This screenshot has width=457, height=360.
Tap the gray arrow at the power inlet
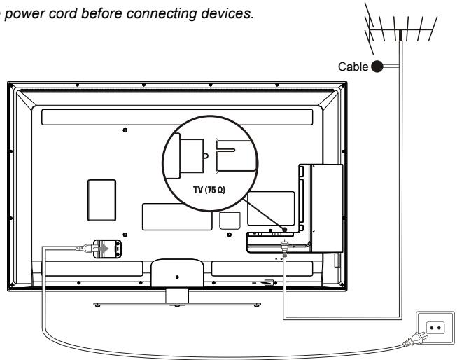point(101,247)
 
